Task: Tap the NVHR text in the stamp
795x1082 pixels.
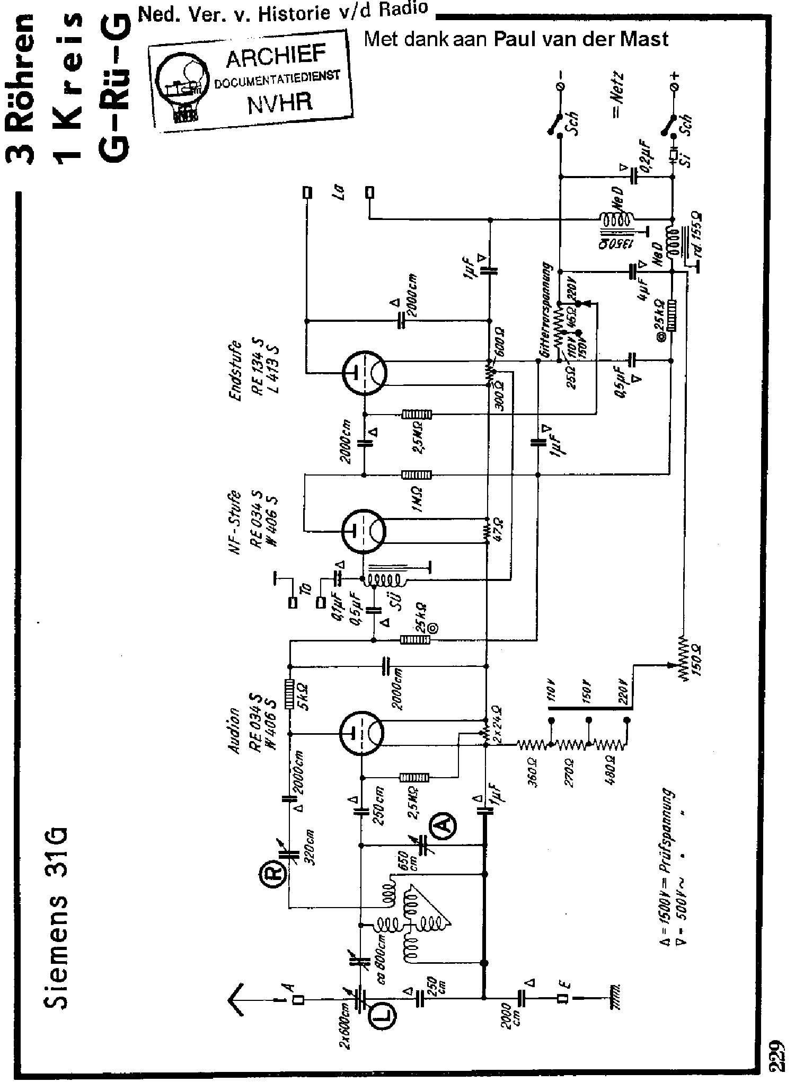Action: tap(279, 102)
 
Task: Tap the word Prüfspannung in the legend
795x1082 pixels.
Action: tap(669, 828)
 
